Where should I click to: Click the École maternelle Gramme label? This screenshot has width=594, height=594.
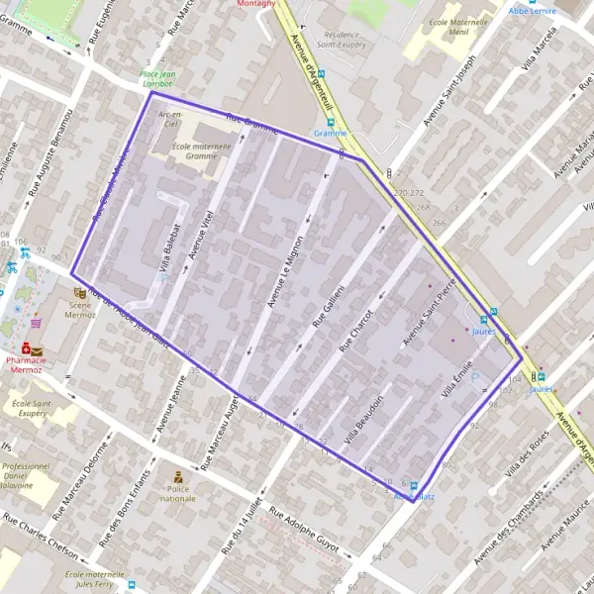click(194, 151)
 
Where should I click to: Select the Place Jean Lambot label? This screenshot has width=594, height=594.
click(162, 80)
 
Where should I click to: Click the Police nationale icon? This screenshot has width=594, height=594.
click(179, 477)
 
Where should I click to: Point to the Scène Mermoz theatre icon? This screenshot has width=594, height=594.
click(79, 293)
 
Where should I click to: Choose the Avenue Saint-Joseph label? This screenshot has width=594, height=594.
click(451, 88)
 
